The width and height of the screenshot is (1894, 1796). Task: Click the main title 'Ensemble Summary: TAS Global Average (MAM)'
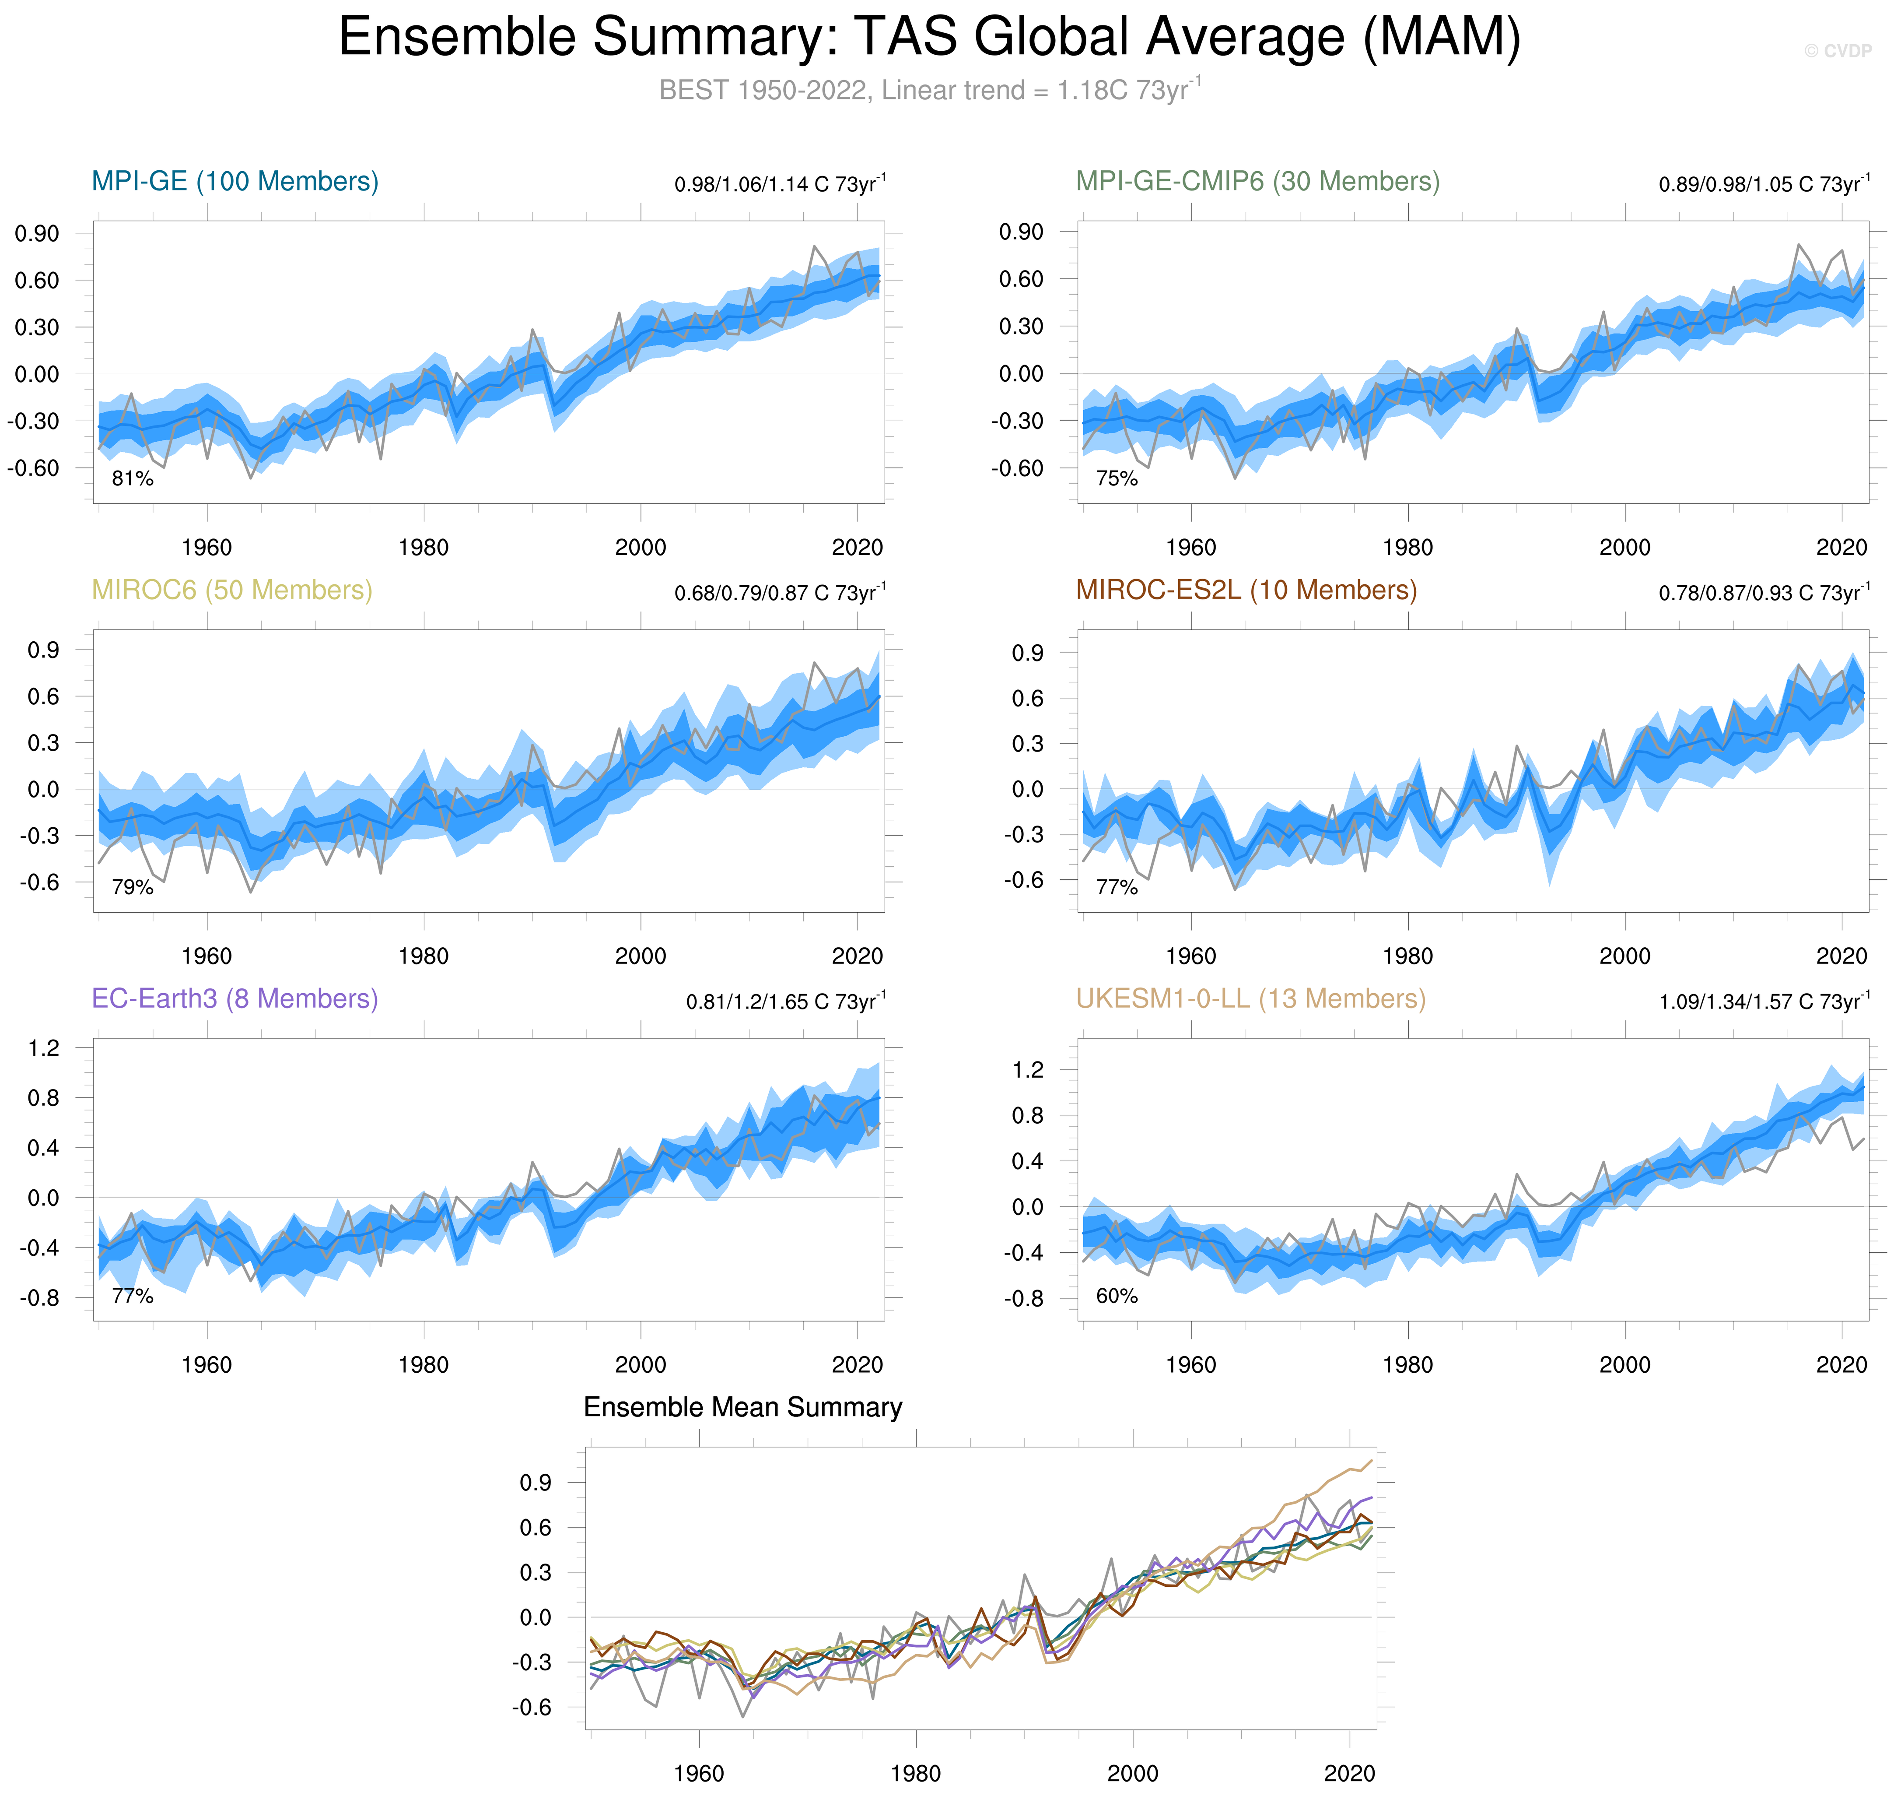tap(929, 38)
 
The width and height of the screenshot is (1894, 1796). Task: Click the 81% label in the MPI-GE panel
tap(132, 479)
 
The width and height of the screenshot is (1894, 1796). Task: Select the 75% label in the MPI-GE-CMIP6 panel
tap(1116, 479)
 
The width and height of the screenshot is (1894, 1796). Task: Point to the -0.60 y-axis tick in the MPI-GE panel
tap(34, 468)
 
